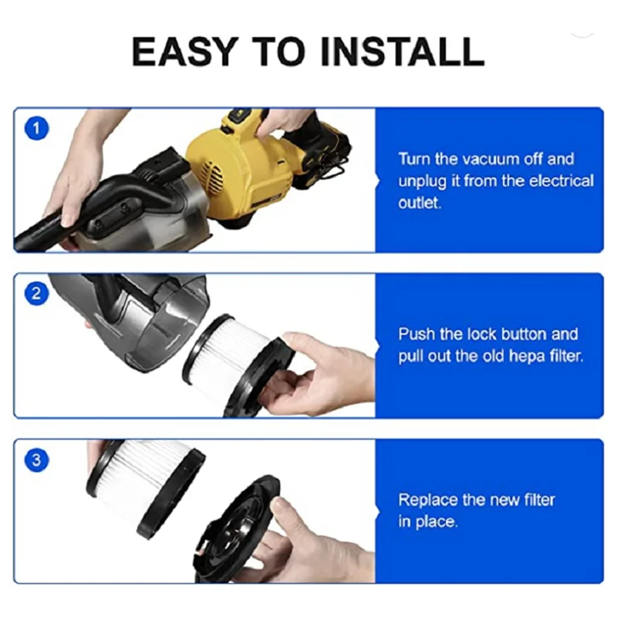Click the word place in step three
click(x=439, y=522)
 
